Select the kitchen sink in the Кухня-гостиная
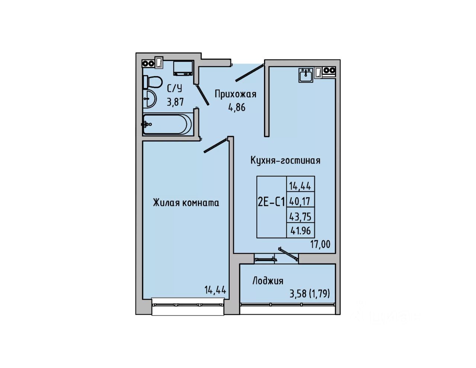click(306, 74)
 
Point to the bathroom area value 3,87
click(175, 102)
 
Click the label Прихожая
click(235, 94)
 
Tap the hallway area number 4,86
click(237, 108)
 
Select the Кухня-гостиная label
click(285, 160)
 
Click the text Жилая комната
click(186, 203)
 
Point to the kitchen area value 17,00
click(320, 244)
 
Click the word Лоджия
click(268, 281)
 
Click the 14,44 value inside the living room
click(215, 289)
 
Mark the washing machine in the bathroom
click(183, 67)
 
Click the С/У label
click(174, 89)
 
